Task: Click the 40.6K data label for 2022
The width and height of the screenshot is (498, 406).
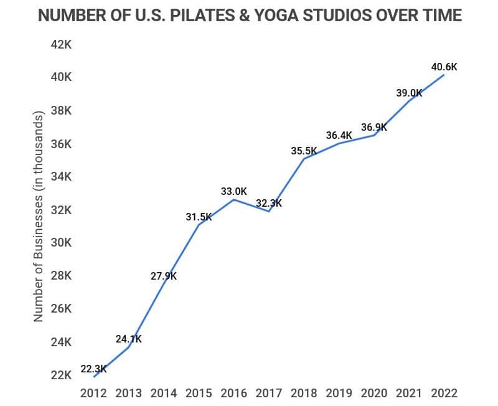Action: coord(444,67)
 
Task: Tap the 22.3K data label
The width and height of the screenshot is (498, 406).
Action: coord(93,369)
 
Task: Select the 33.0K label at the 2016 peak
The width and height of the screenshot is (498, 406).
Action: coord(234,191)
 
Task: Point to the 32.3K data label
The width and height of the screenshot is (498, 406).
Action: coord(269,203)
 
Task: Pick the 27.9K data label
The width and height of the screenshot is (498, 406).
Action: coord(163,276)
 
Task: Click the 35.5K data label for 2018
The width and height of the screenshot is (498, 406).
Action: coord(304,150)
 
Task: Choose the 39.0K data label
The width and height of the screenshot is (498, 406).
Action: coord(409,93)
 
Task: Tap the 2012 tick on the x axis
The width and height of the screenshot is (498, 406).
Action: coord(93,394)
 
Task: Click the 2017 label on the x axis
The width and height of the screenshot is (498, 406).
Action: coord(269,394)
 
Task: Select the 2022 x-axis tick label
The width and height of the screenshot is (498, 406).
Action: coord(444,394)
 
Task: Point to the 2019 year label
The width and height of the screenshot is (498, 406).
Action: coord(339,394)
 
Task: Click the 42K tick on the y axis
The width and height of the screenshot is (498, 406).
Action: coord(62,44)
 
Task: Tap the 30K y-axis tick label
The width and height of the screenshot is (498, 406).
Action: coord(62,243)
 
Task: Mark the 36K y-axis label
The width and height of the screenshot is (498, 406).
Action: coord(62,144)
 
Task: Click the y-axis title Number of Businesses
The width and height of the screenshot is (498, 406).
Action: coord(39,217)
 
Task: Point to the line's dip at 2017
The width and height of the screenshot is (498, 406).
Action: coord(269,211)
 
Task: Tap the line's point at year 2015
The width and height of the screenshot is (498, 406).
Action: coord(199,224)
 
